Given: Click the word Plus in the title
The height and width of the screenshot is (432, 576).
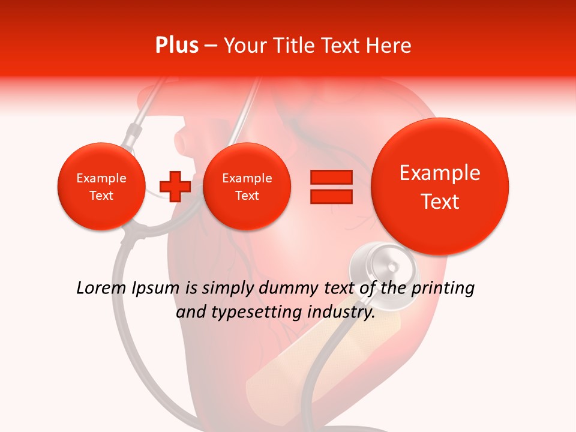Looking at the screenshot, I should coord(177,46).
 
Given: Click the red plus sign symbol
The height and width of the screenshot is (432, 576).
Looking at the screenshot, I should coord(175,186).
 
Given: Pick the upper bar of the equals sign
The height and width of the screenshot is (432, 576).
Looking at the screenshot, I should coord(331,177).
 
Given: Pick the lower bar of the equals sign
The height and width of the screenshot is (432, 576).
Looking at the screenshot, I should coord(331,197).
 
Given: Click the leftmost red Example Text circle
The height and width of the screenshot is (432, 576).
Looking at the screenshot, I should coord(101,187).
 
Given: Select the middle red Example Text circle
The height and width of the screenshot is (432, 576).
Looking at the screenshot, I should coord(247,187).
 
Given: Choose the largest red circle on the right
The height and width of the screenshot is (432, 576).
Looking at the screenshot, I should coord(440,187).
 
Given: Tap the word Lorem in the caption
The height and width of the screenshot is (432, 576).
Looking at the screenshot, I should coord(101,288).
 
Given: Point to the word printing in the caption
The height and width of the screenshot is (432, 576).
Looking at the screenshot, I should coord(443,289).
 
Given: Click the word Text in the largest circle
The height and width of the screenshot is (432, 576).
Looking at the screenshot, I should coord(440,202).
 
